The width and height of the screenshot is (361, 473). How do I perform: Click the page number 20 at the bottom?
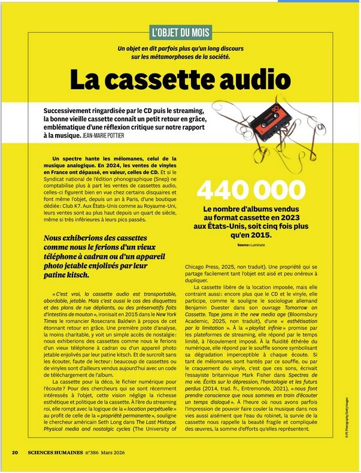click(15, 452)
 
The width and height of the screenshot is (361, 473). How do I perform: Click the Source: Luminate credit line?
click(250, 245)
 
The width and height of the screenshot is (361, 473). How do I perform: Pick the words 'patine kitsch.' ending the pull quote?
click(67, 276)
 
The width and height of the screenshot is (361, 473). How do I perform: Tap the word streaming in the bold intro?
click(186, 111)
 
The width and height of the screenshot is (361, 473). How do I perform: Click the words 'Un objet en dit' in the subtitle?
click(141, 48)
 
